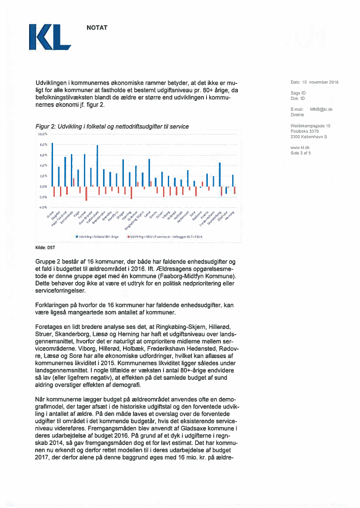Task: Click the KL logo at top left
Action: coord(49,37)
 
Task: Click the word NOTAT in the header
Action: coord(97,28)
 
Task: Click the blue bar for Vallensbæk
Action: coord(97,166)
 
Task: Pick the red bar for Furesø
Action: coord(87,193)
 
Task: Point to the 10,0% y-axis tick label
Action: coord(42,135)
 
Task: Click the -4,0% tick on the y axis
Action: coord(42,207)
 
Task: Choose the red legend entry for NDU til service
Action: coord(161,236)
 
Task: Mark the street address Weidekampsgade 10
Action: coord(310,126)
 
